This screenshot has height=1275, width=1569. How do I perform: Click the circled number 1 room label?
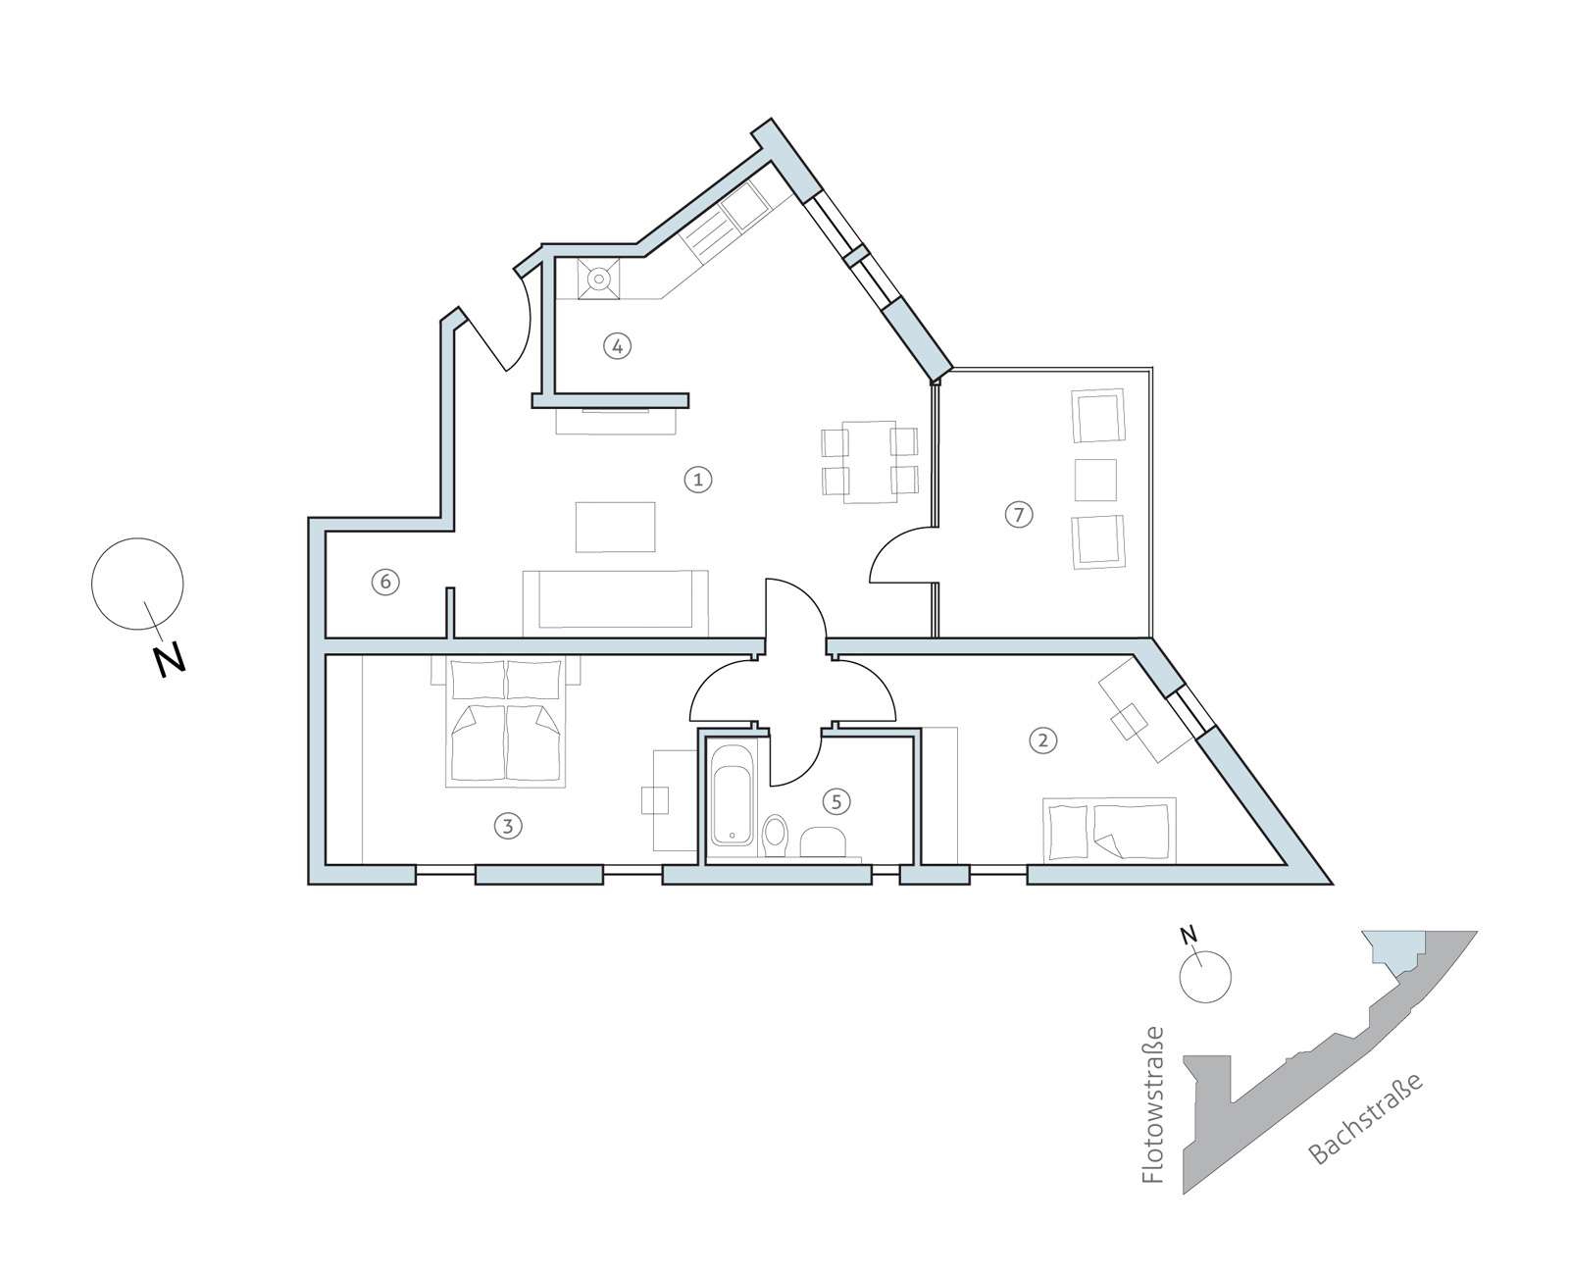[697, 480]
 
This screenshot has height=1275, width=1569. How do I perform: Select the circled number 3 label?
[508, 826]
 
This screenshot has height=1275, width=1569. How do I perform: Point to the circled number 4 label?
[617, 345]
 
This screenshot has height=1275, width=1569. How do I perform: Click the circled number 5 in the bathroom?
[836, 801]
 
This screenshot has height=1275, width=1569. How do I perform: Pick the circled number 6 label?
[385, 582]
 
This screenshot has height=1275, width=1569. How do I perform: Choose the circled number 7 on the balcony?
[1019, 513]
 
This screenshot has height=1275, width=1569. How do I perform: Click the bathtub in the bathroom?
[733, 794]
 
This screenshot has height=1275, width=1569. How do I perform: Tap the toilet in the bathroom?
[774, 835]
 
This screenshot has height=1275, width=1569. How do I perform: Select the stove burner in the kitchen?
[599, 280]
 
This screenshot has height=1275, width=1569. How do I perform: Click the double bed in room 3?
[505, 721]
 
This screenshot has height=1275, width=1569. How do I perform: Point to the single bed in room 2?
[1109, 829]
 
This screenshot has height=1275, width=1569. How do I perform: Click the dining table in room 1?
[870, 462]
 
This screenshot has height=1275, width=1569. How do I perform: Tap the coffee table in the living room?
[615, 527]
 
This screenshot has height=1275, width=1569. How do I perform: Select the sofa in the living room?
[615, 603]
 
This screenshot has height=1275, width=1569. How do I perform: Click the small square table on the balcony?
[1095, 480]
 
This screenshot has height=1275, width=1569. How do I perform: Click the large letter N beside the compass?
[171, 660]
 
